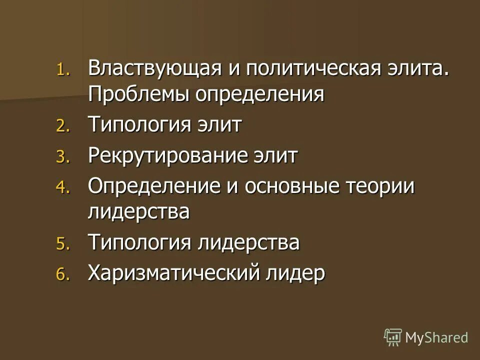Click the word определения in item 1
260,93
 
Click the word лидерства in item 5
249,243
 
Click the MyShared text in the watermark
436,337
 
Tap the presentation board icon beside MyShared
393,337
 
